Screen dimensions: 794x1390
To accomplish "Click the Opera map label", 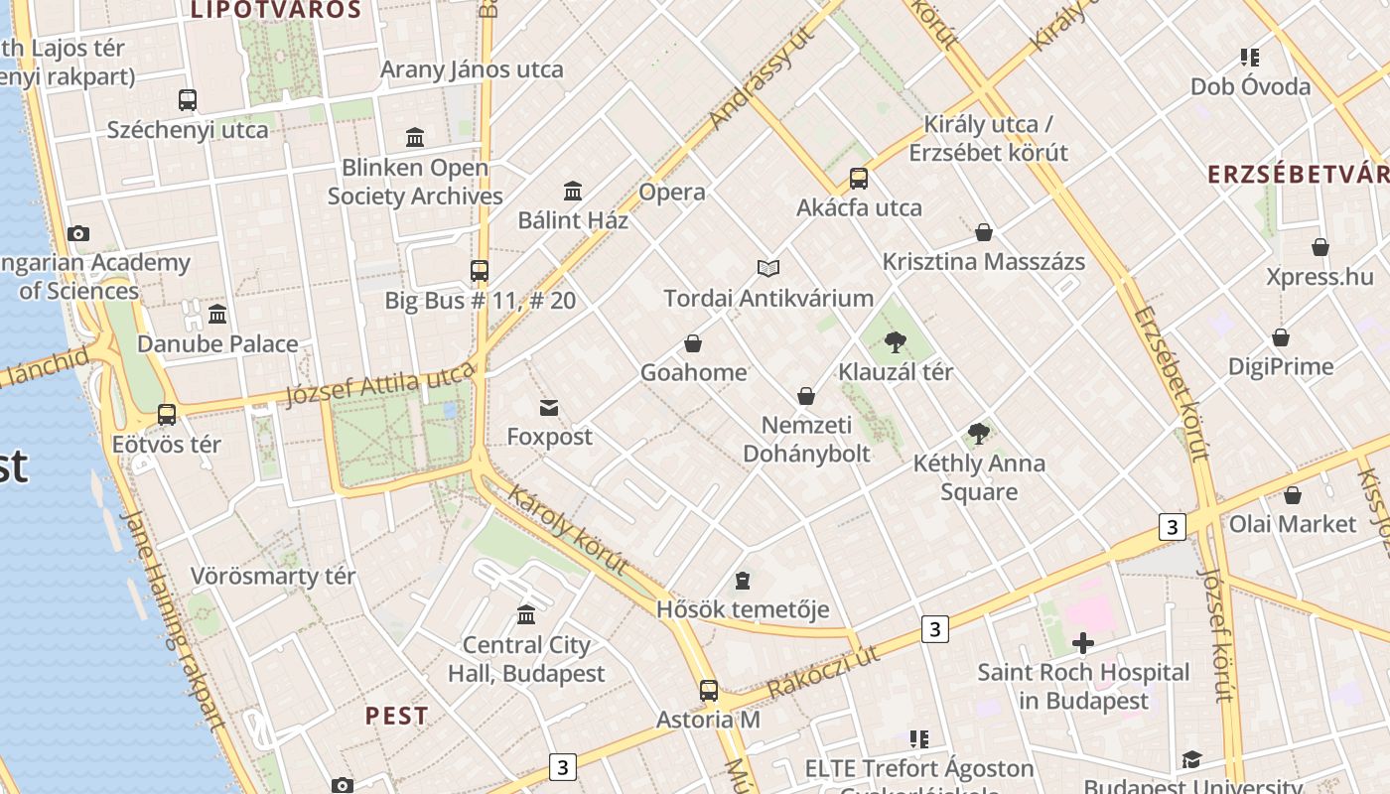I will click(672, 192).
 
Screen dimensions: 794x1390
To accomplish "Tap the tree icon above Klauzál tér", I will click(896, 343).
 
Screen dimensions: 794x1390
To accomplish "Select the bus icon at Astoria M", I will click(709, 690).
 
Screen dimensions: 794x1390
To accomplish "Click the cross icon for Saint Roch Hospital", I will click(1082, 643).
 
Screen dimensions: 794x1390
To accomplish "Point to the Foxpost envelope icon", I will click(549, 407).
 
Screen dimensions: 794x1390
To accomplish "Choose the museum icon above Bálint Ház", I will click(573, 191).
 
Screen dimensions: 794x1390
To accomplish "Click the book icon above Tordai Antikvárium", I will click(767, 268).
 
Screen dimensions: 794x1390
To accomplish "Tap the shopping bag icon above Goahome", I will click(693, 343).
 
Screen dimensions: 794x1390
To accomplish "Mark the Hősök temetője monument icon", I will click(743, 580).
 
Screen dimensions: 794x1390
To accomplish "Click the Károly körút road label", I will click(567, 529).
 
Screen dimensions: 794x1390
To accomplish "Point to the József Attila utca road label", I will click(380, 383).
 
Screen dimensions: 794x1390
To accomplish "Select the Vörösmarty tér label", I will click(272, 576).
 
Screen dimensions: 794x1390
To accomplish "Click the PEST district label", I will click(397, 716).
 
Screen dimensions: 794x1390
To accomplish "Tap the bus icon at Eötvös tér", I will click(167, 414).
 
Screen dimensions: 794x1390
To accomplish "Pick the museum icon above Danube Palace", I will click(217, 315).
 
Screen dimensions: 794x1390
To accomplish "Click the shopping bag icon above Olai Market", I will click(1293, 494).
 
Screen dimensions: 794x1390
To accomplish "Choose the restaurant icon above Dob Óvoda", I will click(1250, 58).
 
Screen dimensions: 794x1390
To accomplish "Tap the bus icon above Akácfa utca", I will click(859, 179).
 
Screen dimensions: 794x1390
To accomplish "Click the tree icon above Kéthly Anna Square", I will click(979, 434).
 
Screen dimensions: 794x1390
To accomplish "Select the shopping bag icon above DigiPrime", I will click(1281, 337).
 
